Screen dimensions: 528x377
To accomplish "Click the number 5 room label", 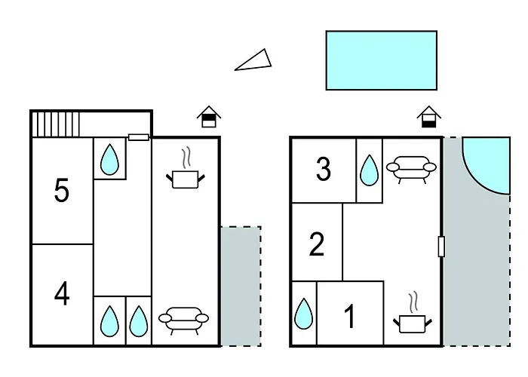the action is [x=62, y=190].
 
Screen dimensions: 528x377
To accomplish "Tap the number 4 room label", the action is [x=62, y=294].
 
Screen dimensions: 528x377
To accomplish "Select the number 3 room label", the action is [x=324, y=169].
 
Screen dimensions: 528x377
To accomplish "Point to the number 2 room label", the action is [x=317, y=244].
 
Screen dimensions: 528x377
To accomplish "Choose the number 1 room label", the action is [x=350, y=316].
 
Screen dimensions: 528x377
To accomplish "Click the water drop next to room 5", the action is [x=109, y=160].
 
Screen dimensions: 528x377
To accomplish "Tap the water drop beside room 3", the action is [x=369, y=170].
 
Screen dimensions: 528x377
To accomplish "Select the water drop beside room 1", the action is [x=303, y=314].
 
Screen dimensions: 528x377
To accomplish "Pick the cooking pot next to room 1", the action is [x=413, y=313].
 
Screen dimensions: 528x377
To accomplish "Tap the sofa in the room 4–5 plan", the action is [x=183, y=320].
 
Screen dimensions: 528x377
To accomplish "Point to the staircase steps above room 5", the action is [x=56, y=124].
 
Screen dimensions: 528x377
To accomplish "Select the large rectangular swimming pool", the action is [x=382, y=60].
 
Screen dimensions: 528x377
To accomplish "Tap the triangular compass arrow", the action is [x=253, y=60].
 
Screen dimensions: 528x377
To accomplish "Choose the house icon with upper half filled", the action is [x=209, y=117].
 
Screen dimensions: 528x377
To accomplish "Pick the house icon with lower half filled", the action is [x=428, y=117].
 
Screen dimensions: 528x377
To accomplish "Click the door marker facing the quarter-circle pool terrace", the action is [x=441, y=247].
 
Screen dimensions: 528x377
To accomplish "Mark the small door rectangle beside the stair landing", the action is [x=138, y=137].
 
